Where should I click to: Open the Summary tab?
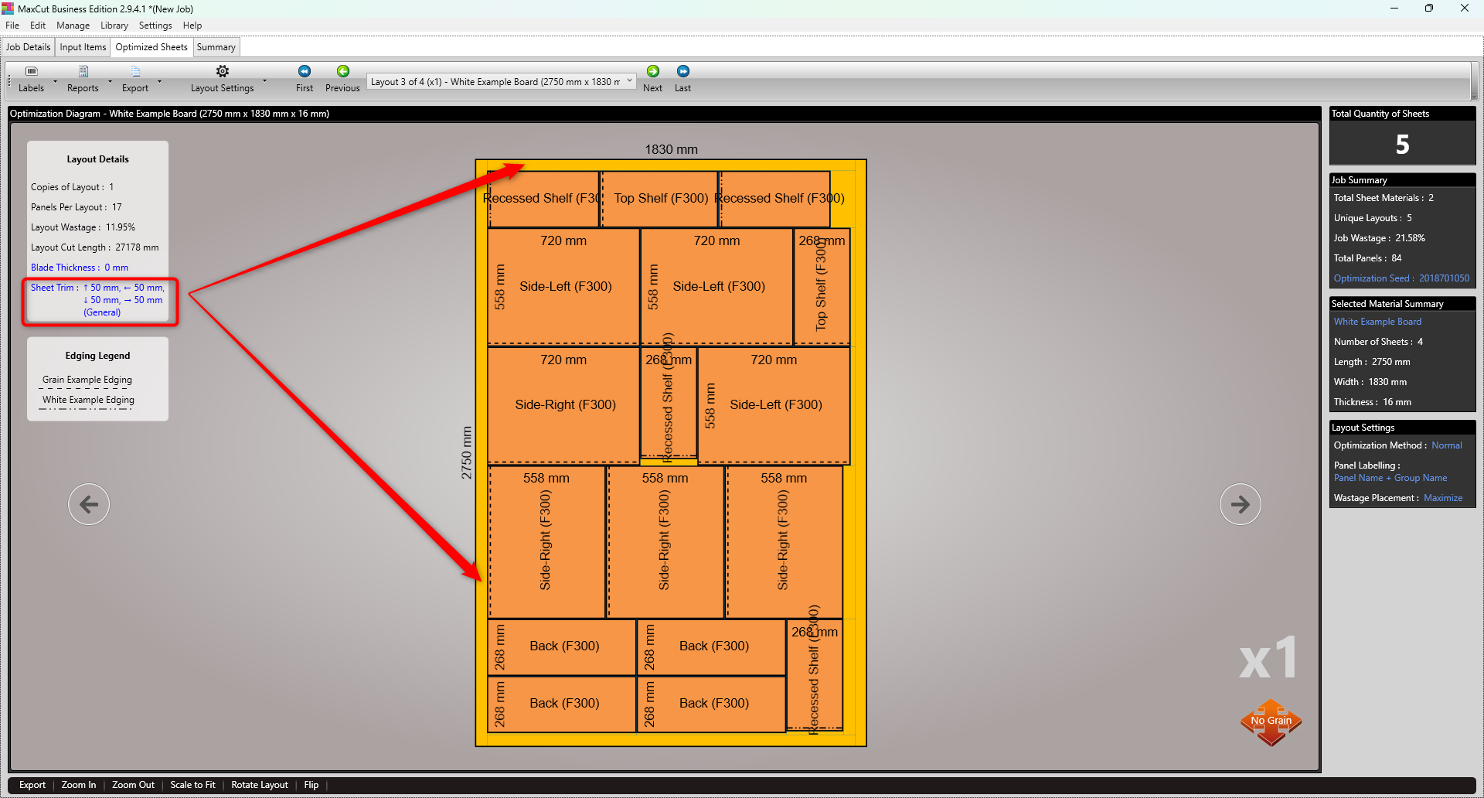coord(216,47)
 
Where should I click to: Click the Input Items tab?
coord(83,47)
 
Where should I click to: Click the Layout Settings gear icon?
coord(223,72)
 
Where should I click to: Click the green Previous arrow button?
coord(342,72)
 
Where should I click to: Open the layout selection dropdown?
coord(629,81)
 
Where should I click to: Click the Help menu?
coord(192,26)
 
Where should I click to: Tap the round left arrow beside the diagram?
coord(89,504)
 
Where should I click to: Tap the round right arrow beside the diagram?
coord(1240,504)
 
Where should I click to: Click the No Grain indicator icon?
coord(1271,721)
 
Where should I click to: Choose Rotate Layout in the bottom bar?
coord(259,785)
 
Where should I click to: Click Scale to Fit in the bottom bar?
coord(192,785)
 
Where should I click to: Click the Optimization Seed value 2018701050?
coord(1444,278)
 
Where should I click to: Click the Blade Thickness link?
coord(79,268)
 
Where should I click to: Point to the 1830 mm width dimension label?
coord(671,149)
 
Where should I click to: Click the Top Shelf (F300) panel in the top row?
coord(660,199)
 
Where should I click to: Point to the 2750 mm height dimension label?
coord(466,452)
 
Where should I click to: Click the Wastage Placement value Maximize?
coord(1443,498)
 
